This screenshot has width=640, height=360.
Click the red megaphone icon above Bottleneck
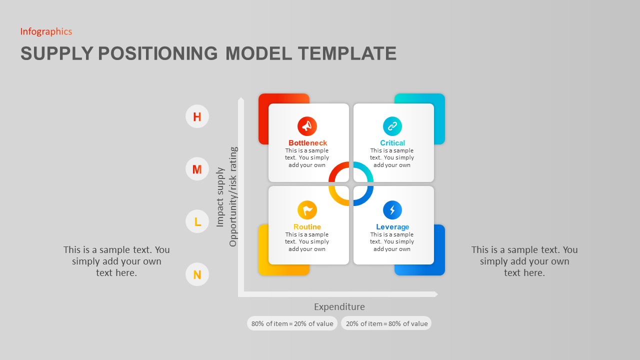307,126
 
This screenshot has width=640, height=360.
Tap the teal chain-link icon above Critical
392,126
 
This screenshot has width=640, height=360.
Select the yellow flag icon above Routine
307,210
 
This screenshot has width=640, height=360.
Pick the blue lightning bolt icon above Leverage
392,210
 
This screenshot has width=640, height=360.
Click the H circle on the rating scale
197,116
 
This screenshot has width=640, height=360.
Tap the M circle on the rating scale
197,169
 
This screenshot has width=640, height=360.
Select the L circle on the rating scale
197,221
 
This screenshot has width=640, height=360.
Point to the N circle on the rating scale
197,274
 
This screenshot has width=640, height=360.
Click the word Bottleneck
307,143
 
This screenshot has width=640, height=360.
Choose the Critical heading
392,143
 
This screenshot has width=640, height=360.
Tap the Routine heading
307,227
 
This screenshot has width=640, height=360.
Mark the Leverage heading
392,227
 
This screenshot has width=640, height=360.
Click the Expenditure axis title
339,307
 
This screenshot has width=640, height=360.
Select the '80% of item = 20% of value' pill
292,323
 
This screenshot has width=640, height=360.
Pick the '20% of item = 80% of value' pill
386,323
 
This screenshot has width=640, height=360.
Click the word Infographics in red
46,31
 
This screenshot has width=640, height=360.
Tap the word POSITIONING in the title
158,53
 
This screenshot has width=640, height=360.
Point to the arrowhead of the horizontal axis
435,294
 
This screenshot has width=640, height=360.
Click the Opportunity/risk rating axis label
233,196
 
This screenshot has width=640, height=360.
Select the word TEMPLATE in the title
346,53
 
